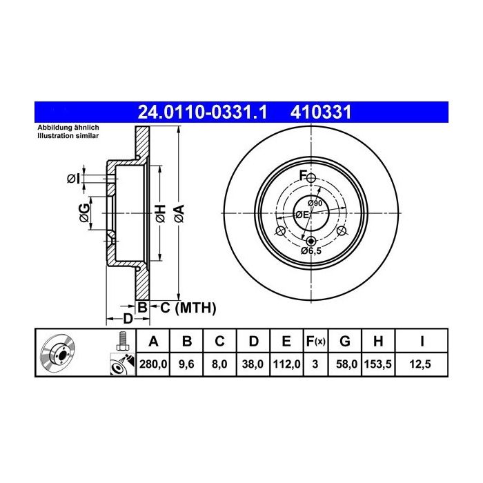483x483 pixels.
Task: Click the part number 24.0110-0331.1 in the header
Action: pyautogui.click(x=202, y=112)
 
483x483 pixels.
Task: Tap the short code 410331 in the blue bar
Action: pyautogui.click(x=321, y=112)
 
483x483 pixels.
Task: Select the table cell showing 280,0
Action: pyautogui.click(x=153, y=364)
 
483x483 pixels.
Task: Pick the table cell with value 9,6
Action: pyautogui.click(x=186, y=364)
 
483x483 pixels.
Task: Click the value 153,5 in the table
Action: pyautogui.click(x=378, y=364)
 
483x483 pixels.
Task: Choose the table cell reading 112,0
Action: pyautogui.click(x=286, y=364)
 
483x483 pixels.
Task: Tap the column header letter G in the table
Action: pyautogui.click(x=345, y=342)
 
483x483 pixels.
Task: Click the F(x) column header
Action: pyautogui.click(x=315, y=342)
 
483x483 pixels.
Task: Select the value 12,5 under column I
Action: pyautogui.click(x=420, y=364)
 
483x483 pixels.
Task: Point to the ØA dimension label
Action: pyautogui.click(x=179, y=213)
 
